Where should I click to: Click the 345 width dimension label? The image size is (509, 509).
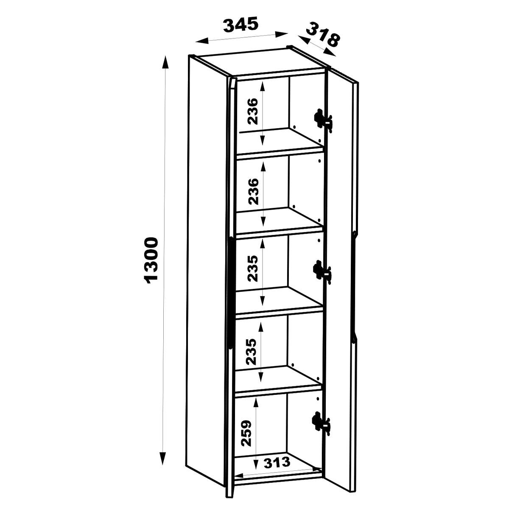click(241, 25)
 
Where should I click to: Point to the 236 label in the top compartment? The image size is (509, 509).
click(252, 111)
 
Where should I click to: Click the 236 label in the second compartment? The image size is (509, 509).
click(253, 192)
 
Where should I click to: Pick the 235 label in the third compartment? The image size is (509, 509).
click(252, 268)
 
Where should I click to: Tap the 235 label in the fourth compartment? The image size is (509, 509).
click(251, 352)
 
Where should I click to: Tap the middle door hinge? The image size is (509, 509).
click(322, 272)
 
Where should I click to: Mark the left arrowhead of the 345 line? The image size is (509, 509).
click(201, 41)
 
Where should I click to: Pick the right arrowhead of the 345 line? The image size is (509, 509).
click(281, 34)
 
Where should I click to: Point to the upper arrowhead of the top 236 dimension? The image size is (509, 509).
click(262, 87)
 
